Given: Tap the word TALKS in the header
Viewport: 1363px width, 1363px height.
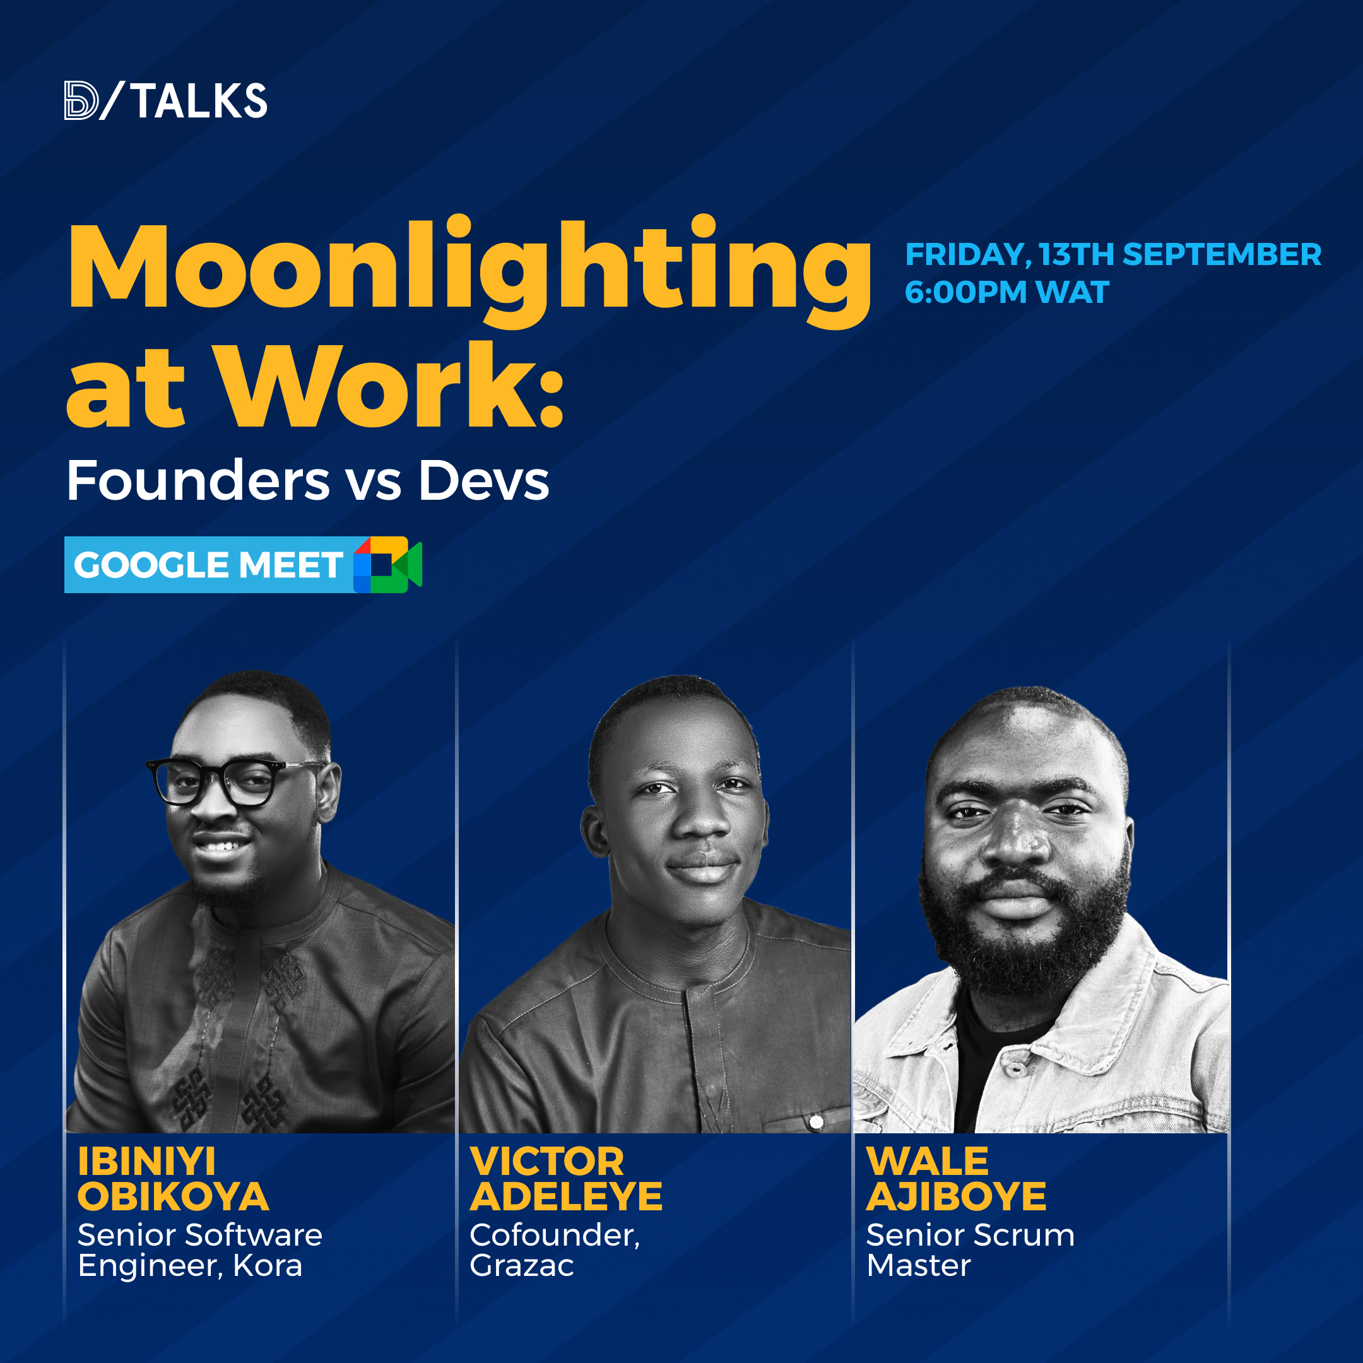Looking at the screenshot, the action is tap(199, 101).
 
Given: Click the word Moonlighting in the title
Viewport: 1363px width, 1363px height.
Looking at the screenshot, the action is tap(469, 271).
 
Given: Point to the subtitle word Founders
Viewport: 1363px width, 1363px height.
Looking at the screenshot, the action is tap(198, 480).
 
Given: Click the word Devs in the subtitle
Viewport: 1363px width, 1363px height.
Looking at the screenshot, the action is tap(484, 480).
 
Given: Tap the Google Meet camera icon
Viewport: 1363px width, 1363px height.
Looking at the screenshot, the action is tap(387, 564).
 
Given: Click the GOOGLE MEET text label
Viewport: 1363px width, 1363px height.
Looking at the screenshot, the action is tap(208, 565).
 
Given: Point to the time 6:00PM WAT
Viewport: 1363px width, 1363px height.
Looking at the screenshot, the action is tap(1006, 292).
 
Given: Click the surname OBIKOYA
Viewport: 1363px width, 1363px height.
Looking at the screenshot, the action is tap(173, 1196).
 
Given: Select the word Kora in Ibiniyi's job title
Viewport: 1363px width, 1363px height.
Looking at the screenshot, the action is tap(268, 1266).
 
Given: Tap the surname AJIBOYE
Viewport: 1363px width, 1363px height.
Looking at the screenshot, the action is tap(956, 1196).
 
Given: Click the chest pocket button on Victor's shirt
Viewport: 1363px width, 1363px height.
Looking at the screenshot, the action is tap(817, 1122).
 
